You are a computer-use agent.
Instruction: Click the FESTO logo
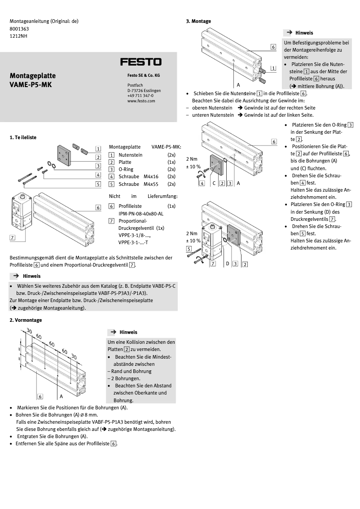click(x=140, y=62)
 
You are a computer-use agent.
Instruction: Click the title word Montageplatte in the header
click(x=30, y=76)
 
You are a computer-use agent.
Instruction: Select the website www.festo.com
click(x=141, y=101)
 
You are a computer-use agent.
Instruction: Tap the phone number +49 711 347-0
click(x=140, y=96)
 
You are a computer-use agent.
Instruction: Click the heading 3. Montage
click(x=198, y=21)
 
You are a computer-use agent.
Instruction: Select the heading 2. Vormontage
click(x=26, y=320)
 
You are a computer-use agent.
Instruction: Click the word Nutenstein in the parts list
click(x=131, y=154)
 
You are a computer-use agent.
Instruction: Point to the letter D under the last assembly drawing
click(x=227, y=263)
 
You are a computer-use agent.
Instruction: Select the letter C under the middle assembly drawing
click(x=214, y=183)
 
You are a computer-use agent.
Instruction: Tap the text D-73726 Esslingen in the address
click(x=144, y=91)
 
